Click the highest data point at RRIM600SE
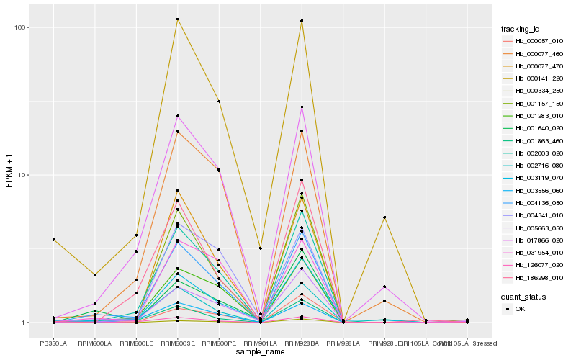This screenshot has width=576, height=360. tap(177, 19)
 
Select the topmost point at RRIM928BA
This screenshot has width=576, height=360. tap(302, 21)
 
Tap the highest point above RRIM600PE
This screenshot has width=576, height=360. tap(219, 102)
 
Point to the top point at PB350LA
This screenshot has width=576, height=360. tap(53, 240)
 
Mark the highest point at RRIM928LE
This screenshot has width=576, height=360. tap(384, 217)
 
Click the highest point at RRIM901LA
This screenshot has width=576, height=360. tap(260, 248)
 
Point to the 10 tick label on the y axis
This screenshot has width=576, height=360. tap(22, 175)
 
